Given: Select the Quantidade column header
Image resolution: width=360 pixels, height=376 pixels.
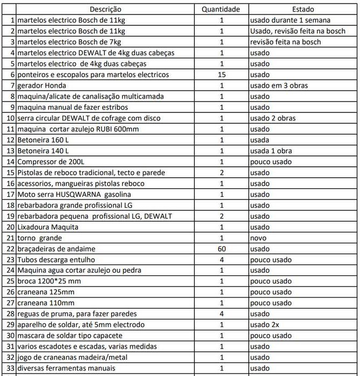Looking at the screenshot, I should coord(221,9).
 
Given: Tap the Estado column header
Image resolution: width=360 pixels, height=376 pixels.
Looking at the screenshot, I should coord(303,9).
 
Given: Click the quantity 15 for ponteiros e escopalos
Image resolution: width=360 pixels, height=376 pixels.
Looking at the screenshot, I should coord(221,75).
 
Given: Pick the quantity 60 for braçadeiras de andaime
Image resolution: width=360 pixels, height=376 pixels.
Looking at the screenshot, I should coord(221,249).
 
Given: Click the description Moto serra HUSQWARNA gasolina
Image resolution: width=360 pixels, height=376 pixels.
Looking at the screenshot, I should coord(74,194).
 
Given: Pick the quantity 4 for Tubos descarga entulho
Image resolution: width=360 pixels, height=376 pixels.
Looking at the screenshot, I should coord(221,260).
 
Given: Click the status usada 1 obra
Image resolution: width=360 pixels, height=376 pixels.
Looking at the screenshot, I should coord(271,151).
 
